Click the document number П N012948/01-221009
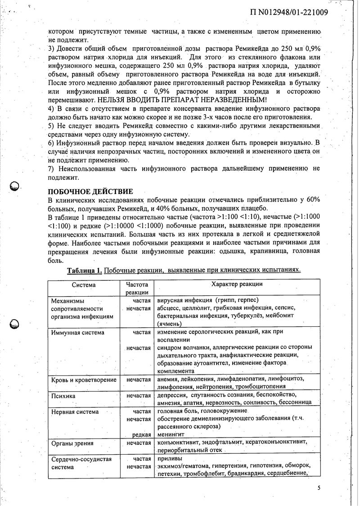point(288,12)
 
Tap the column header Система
point(83,285)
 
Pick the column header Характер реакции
point(237,285)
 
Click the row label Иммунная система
point(77,333)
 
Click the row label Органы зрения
point(72,443)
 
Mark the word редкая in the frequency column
point(141,434)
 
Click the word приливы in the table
point(168,459)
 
